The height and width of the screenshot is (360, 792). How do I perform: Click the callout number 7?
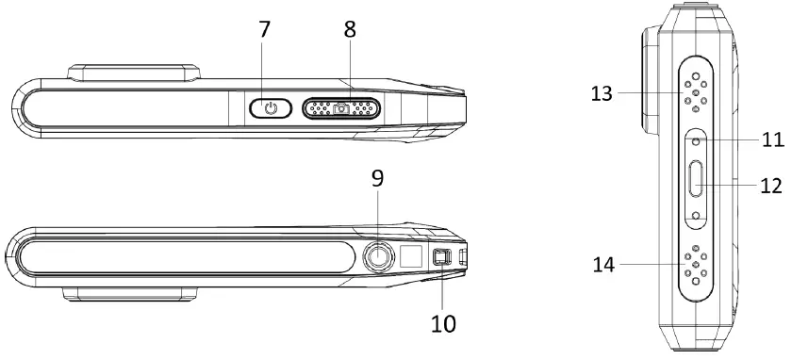(x=265, y=30)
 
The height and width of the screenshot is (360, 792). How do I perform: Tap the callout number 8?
(x=350, y=30)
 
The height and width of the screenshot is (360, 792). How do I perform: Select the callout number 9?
(x=377, y=179)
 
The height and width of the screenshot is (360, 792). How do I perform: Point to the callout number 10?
(x=443, y=323)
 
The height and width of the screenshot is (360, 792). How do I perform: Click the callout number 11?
(x=773, y=139)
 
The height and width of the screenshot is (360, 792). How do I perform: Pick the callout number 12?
(x=771, y=186)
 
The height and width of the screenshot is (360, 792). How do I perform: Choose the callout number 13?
(x=602, y=94)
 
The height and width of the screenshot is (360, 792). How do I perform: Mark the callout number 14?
(x=603, y=265)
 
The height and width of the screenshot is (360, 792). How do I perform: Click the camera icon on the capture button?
(x=341, y=108)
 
